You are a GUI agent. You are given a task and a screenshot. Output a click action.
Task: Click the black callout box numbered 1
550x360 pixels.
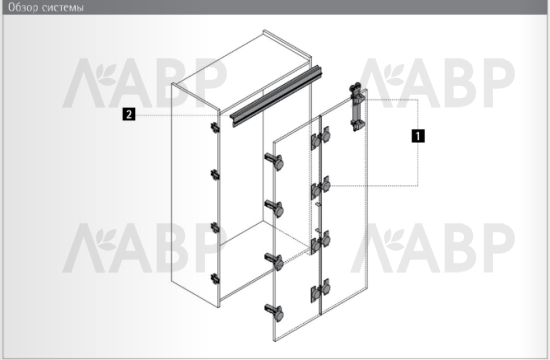(x=418, y=136)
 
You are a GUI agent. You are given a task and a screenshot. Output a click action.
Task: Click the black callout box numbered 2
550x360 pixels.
(x=129, y=114)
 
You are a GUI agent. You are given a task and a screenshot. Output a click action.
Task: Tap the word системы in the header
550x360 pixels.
(x=63, y=8)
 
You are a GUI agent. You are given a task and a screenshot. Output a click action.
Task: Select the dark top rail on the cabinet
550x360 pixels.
(x=276, y=95)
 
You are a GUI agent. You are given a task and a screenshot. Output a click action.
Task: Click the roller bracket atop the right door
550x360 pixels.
(x=357, y=107)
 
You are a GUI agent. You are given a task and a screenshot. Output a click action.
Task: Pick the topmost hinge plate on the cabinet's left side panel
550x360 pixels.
(x=215, y=127)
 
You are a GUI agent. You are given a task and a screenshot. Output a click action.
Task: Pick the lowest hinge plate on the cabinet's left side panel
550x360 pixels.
(x=215, y=279)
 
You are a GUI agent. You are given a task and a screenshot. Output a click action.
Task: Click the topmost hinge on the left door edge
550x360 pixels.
(x=275, y=161)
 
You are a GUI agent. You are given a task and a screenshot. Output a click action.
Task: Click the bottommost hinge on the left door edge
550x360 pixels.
(x=275, y=312)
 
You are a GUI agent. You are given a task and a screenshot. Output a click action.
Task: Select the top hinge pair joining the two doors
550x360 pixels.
(x=321, y=138)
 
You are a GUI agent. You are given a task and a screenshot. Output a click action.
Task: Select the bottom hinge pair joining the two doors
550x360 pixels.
(x=321, y=290)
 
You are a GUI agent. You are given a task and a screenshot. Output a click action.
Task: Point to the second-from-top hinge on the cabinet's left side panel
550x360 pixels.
(x=215, y=175)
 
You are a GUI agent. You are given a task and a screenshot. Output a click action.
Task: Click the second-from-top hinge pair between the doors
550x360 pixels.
(x=321, y=187)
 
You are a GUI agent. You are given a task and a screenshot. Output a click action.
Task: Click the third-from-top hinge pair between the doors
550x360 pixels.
(x=321, y=242)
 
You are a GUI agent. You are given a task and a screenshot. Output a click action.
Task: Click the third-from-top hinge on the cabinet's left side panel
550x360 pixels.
(x=215, y=228)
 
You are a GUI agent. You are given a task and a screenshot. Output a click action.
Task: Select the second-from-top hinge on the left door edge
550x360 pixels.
(x=275, y=208)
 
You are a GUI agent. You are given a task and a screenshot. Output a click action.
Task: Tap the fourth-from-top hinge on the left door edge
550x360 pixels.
(x=275, y=312)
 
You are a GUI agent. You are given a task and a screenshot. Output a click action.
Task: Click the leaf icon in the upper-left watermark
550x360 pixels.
(x=106, y=74)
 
